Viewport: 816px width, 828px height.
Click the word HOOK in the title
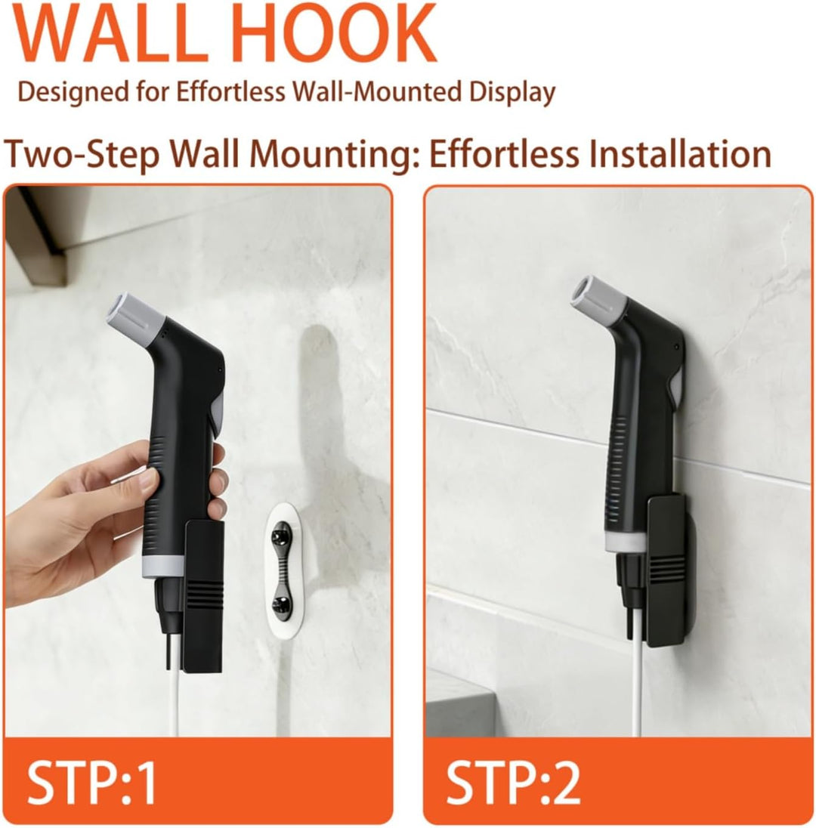tap(327, 32)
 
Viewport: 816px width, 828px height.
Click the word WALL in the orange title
tap(110, 32)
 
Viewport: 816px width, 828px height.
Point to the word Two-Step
tap(82, 156)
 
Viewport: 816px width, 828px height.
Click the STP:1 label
tap(91, 783)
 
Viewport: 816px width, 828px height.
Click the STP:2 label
tap(512, 783)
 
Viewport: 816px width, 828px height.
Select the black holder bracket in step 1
tap(203, 597)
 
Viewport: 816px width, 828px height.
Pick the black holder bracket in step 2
tap(668, 570)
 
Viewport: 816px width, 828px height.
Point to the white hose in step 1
tap(173, 687)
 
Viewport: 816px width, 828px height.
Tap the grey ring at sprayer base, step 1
tap(164, 566)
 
